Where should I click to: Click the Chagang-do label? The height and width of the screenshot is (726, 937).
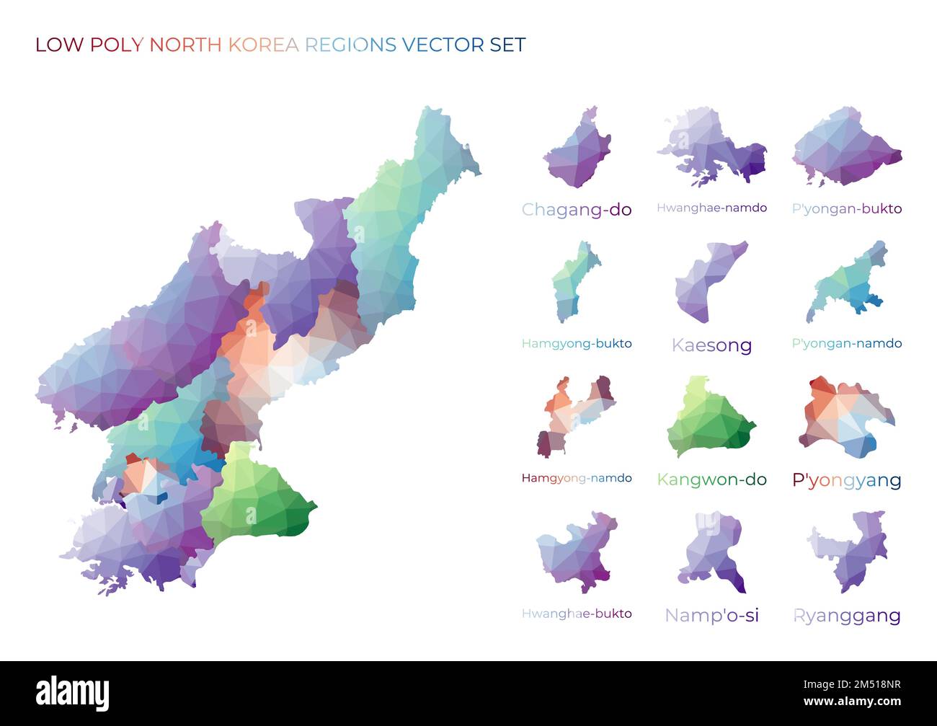click(576, 210)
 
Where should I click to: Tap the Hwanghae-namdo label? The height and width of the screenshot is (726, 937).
click(711, 208)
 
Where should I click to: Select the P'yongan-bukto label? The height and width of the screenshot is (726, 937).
click(846, 208)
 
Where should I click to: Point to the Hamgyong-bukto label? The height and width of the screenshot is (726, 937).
click(576, 343)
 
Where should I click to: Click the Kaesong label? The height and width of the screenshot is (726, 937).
click(711, 345)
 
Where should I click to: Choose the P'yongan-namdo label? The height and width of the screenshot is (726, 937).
click(846, 343)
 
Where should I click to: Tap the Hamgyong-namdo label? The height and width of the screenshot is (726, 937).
click(576, 478)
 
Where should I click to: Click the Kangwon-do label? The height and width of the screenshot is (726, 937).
click(711, 479)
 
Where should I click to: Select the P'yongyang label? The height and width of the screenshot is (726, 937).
click(846, 480)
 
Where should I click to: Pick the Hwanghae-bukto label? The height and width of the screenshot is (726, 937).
click(576, 614)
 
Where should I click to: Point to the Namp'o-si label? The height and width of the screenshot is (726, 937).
click(711, 615)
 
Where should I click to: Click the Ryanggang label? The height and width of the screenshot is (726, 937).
click(846, 616)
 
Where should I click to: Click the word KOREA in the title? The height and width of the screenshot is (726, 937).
click(263, 45)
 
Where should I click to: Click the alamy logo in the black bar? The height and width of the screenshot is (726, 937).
click(72, 693)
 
